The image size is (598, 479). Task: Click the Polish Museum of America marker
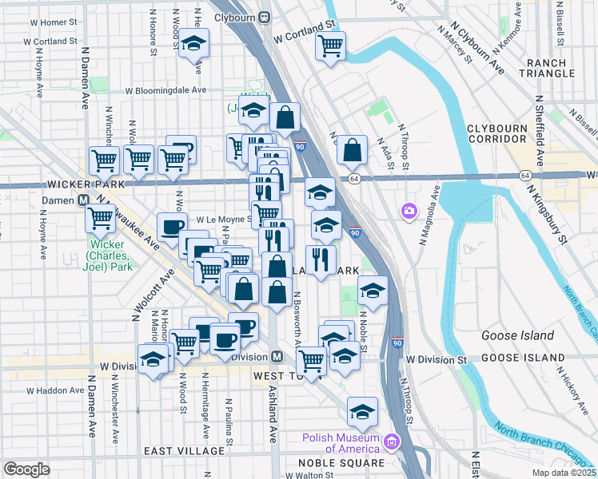click(392, 441)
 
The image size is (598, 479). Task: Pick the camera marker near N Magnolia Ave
click(409, 210)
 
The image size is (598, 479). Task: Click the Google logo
click(26, 469)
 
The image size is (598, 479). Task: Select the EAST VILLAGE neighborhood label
click(179, 451)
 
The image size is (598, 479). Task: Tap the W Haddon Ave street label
click(55, 391)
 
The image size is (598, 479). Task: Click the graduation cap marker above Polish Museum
click(363, 412)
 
